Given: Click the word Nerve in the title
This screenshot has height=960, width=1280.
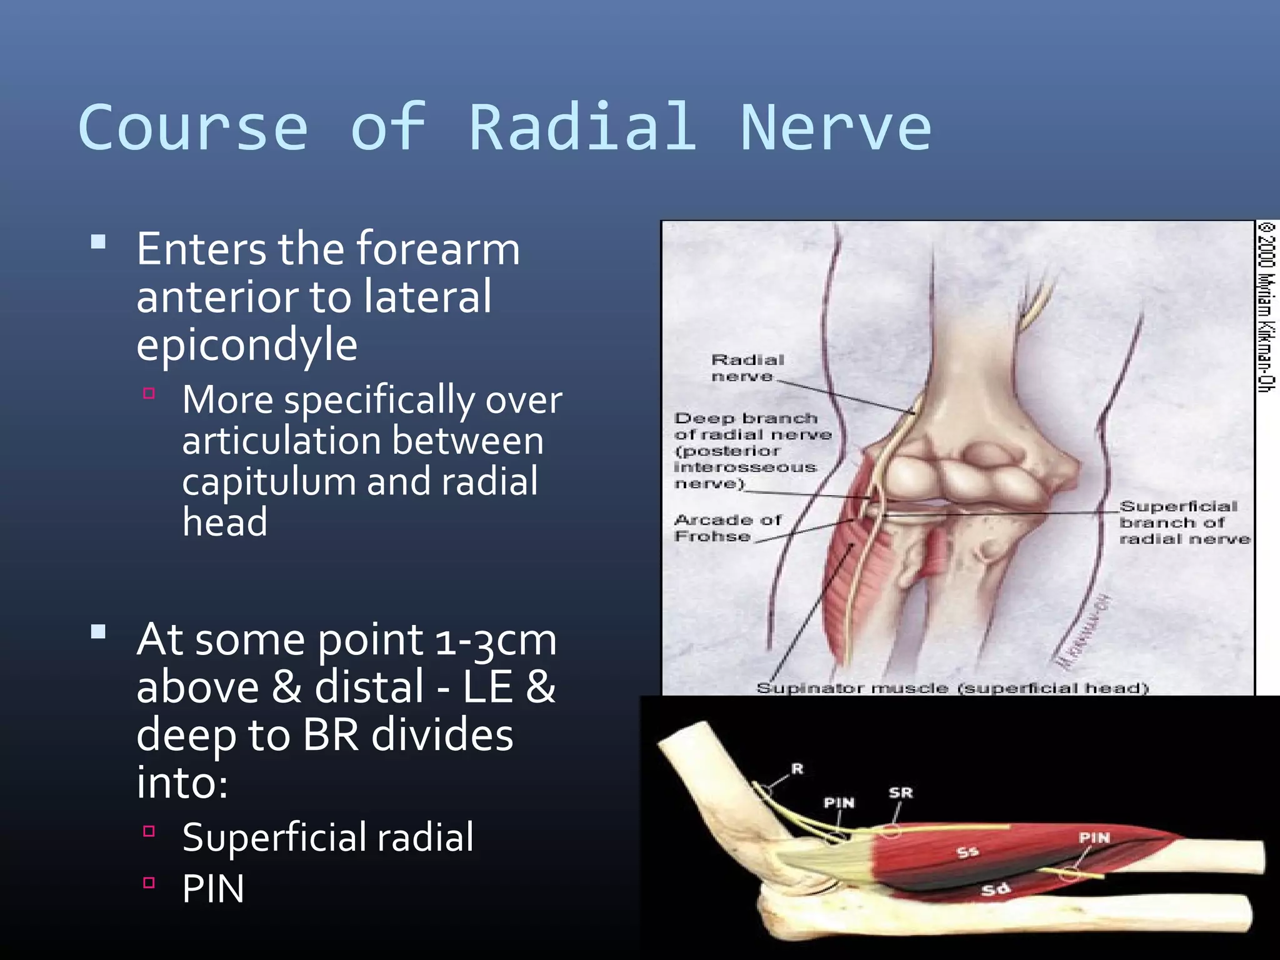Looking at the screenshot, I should [x=836, y=128].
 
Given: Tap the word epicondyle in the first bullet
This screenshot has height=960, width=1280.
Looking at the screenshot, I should [x=247, y=346].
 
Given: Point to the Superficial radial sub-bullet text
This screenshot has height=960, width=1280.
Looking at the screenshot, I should [x=328, y=837].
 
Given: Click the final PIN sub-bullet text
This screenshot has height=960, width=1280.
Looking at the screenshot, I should [x=213, y=889].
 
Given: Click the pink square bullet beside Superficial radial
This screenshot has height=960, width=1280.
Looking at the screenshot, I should [x=149, y=831].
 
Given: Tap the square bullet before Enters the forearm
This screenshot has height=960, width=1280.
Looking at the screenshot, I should [x=98, y=242].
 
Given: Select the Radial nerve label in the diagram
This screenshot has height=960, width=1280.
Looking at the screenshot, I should [x=747, y=368].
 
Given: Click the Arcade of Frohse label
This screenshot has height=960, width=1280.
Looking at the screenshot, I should [x=727, y=528].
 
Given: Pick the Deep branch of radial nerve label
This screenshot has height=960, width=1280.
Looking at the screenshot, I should [x=750, y=451].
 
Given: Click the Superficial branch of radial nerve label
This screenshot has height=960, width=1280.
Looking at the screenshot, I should [x=1183, y=522].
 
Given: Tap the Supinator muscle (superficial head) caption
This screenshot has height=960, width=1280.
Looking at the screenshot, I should [x=952, y=688].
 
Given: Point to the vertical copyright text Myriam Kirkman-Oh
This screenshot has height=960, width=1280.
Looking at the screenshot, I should [x=1266, y=306].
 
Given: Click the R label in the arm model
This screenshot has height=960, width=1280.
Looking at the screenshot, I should [x=797, y=769].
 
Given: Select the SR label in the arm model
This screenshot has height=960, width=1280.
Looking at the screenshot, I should [x=901, y=793].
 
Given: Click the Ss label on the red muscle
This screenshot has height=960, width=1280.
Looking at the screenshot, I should [x=967, y=852].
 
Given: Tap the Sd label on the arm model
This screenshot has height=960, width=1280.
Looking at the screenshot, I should [x=995, y=889].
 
